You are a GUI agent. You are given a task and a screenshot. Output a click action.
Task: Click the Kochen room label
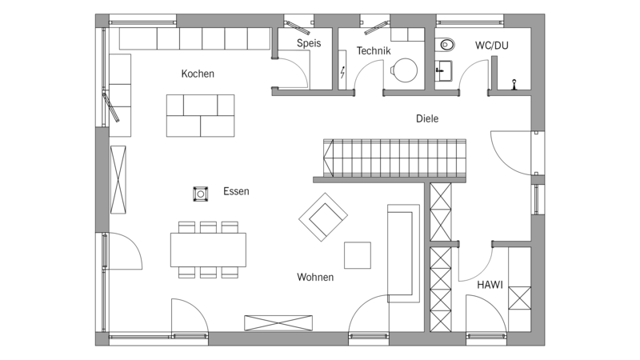(198, 74)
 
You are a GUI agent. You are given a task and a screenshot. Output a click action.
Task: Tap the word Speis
(309, 43)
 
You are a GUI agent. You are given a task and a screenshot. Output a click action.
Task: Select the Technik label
(374, 50)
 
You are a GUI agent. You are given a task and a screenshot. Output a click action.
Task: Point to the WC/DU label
(492, 46)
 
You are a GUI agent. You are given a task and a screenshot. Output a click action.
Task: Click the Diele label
(427, 118)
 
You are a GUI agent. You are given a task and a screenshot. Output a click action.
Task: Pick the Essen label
(236, 191)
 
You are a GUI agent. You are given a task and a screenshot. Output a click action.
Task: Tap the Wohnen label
(315, 277)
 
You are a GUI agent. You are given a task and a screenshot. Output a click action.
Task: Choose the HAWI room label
(490, 285)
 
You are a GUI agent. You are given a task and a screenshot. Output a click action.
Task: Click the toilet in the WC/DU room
(445, 45)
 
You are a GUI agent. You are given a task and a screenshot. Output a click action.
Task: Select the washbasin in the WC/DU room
(443, 70)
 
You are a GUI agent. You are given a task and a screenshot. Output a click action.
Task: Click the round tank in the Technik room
(405, 70)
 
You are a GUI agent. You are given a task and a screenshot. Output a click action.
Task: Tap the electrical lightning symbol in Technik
(342, 72)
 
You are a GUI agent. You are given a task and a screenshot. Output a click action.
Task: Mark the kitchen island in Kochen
(201, 115)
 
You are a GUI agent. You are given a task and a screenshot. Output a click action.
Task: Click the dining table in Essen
(208, 250)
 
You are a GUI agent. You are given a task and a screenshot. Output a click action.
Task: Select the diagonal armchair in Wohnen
(323, 217)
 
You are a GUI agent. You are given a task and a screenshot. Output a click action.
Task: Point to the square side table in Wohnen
(358, 255)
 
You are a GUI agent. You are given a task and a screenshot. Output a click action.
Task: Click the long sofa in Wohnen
(403, 253)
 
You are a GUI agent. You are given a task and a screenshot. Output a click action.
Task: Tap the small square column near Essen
(201, 194)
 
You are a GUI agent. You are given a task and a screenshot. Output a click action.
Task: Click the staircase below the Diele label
(394, 158)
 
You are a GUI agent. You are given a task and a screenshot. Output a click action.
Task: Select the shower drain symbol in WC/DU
(514, 84)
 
